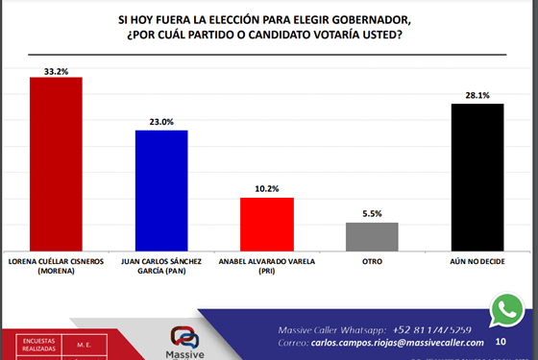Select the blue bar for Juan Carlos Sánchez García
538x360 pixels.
point(161,189)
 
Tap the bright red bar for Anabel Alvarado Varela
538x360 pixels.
point(266,224)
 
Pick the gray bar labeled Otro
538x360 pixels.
point(372,236)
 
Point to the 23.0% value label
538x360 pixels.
point(161,121)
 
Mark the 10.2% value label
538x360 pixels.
point(266,189)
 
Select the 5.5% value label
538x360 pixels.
point(372,214)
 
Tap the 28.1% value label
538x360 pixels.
point(477,95)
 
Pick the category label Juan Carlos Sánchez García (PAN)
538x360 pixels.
point(161,265)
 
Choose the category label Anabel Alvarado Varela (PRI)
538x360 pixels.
point(266,265)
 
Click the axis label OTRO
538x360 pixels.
point(372,260)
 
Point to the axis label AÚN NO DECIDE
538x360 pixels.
point(477,260)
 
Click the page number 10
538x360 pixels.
point(501,341)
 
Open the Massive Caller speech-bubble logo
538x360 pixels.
point(183,338)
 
